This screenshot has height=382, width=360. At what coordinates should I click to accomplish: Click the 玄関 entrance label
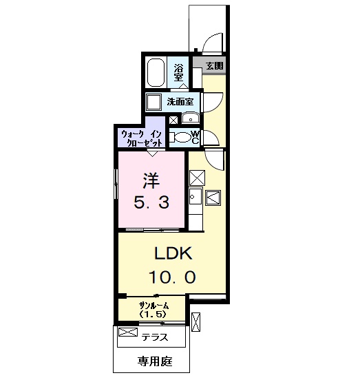pyautogui.click(x=215, y=65)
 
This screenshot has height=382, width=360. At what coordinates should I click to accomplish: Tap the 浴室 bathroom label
pyautogui.click(x=178, y=72)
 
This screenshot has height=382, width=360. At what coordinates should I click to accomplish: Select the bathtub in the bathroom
pyautogui.click(x=156, y=72)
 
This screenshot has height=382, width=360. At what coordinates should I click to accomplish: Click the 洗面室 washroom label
pyautogui.click(x=180, y=102)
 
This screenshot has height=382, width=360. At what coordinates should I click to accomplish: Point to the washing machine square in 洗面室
pyautogui.click(x=153, y=102)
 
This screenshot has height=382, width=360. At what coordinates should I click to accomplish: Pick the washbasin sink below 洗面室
pyautogui.click(x=191, y=118)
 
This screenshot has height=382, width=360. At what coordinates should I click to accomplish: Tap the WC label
pyautogui.click(x=195, y=137)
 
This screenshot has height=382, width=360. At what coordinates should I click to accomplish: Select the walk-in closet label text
pyautogui.click(x=142, y=138)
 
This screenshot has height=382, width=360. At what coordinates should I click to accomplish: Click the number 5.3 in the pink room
pyautogui.click(x=151, y=202)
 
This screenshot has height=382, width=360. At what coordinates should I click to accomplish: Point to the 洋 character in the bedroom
pyautogui.click(x=151, y=181)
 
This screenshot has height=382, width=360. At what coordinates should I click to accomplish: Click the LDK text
pyautogui.click(x=173, y=254)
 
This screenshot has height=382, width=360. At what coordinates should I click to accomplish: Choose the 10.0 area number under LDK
pyautogui.click(x=173, y=277)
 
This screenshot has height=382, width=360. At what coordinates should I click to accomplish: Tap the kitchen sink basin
pyautogui.click(x=195, y=196)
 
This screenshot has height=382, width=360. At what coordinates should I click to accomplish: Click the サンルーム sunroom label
pyautogui.click(x=153, y=306)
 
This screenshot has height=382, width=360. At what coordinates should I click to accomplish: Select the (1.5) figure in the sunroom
pyautogui.click(x=153, y=315)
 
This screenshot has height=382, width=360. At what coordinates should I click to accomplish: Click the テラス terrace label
pyautogui.click(x=155, y=337)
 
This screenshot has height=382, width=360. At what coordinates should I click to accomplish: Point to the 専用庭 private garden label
pyautogui.click(x=155, y=361)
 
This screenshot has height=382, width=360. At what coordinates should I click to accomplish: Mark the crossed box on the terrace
pyautogui.click(x=128, y=332)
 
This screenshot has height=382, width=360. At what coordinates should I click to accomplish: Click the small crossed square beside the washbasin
pyautogui.click(x=173, y=120)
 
